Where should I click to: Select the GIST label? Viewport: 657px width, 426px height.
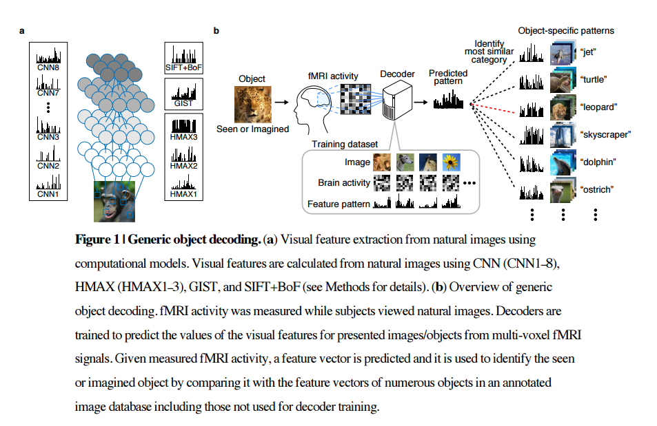(183, 103)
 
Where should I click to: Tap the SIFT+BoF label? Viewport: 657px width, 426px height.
(183, 68)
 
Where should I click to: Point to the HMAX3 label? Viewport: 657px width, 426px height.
(183, 137)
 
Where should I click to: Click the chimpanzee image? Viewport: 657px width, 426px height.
(114, 200)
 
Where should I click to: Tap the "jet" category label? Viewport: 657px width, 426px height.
(588, 52)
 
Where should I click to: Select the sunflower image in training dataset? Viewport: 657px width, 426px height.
(452, 162)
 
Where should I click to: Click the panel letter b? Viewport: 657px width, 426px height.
(216, 30)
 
